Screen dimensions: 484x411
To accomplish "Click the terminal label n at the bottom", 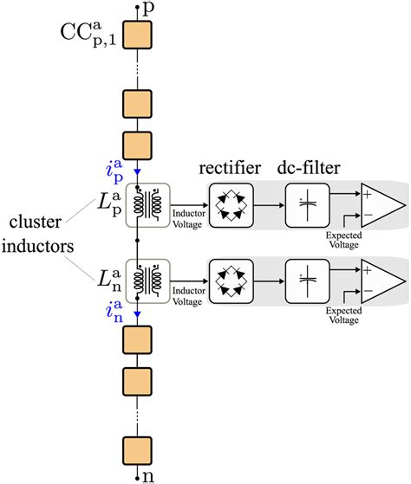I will click(148, 474).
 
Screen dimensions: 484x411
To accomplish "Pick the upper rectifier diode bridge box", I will click(231, 204).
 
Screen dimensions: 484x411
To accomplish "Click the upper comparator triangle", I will click(380, 204).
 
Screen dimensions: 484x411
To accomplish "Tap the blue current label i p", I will click(119, 158).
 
